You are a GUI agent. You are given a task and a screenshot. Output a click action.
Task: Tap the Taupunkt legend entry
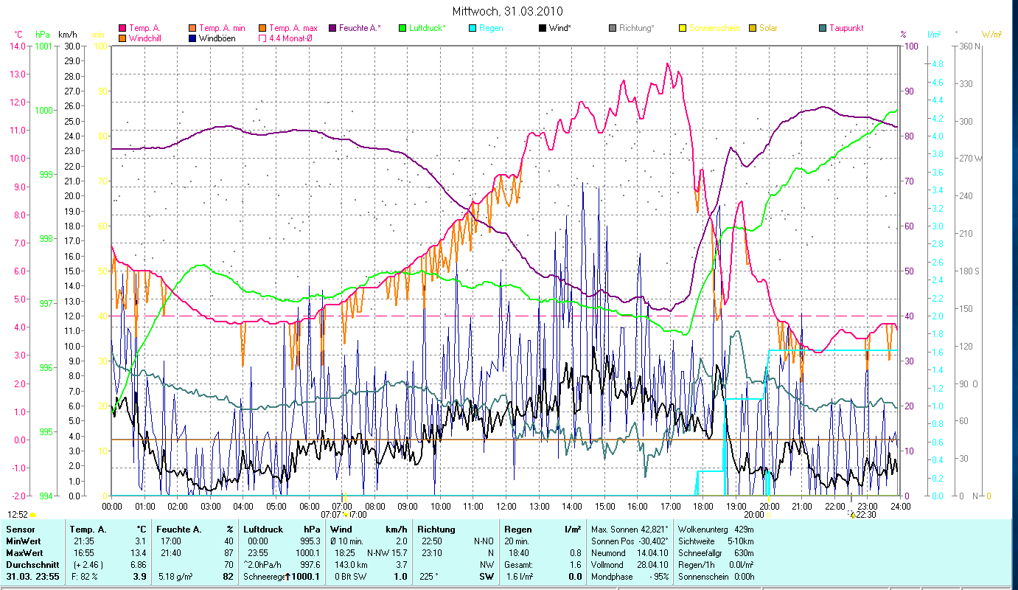pos(846,28)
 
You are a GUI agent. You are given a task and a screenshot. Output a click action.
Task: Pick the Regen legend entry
pos(491,28)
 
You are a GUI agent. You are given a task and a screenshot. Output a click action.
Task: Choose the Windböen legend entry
pos(217,38)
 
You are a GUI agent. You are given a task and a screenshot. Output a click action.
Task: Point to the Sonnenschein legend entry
pos(714,28)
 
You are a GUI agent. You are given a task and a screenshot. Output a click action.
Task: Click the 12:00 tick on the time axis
pos(506,507)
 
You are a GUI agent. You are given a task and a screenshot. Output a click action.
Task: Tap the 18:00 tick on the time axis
pos(703,507)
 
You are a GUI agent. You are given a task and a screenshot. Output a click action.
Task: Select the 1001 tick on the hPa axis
pos(43,46)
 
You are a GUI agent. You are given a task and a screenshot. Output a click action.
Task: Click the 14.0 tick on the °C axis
pos(18,46)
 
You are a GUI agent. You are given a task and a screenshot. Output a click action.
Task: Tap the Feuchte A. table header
pos(181,530)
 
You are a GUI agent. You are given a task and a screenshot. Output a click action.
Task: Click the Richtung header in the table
pos(436,530)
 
